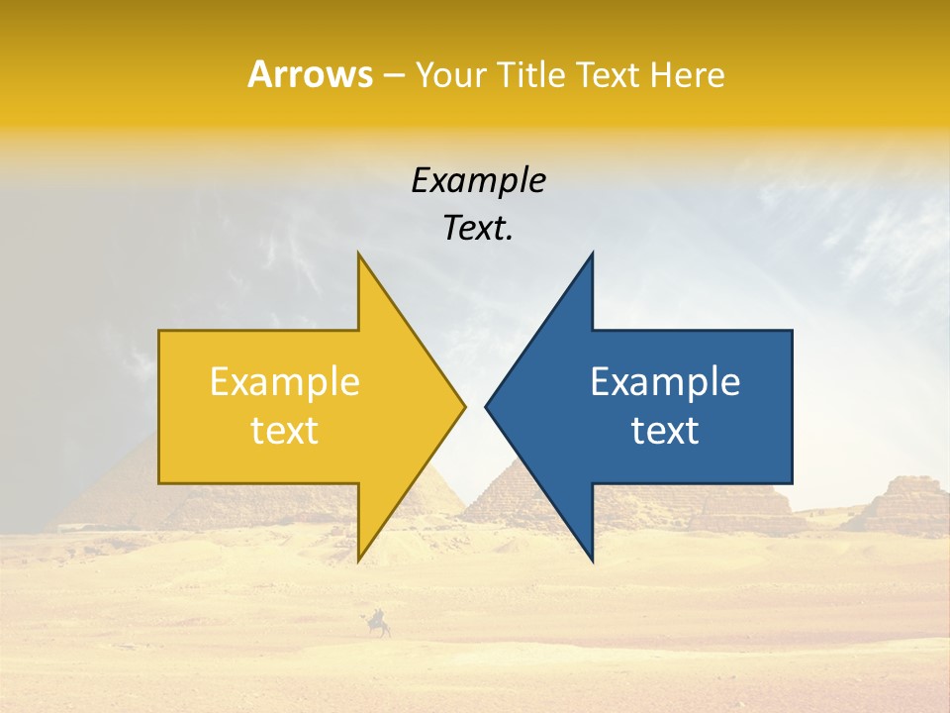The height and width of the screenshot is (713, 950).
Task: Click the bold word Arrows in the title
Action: point(310,74)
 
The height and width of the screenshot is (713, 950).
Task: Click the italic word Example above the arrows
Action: point(478,180)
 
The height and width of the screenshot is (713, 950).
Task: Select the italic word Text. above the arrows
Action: point(478,229)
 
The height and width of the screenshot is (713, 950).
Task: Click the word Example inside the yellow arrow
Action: point(285,381)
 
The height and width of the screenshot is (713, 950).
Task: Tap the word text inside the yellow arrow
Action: point(285,430)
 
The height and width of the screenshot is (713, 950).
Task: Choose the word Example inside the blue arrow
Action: point(665,381)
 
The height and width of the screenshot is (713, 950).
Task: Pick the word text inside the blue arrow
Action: point(665,430)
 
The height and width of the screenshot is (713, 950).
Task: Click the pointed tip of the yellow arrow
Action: point(463,406)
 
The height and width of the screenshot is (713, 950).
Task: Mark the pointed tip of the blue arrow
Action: point(487,406)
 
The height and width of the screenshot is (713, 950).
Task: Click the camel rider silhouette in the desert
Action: point(377,624)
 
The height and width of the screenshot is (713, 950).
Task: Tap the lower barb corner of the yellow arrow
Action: point(359,560)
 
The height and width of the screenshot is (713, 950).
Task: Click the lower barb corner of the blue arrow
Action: point(592,560)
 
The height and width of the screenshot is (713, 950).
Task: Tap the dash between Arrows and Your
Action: point(392,75)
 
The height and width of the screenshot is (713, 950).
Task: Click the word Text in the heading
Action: point(607,75)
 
